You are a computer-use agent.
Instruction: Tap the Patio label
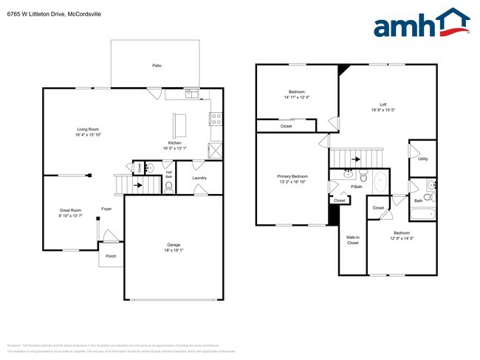click(x=157, y=66)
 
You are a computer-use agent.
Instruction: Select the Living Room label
click(x=88, y=129)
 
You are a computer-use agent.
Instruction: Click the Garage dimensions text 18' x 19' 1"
click(x=174, y=250)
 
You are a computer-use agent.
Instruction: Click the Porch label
click(x=111, y=256)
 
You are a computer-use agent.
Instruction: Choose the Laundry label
click(x=199, y=178)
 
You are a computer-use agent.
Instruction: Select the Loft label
click(x=383, y=104)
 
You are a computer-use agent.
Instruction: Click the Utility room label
click(x=422, y=159)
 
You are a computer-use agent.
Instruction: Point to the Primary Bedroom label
click(x=292, y=176)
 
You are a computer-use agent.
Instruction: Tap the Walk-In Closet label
click(x=352, y=240)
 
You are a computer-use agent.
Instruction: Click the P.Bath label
click(x=356, y=187)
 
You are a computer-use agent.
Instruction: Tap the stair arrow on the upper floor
click(x=354, y=159)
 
